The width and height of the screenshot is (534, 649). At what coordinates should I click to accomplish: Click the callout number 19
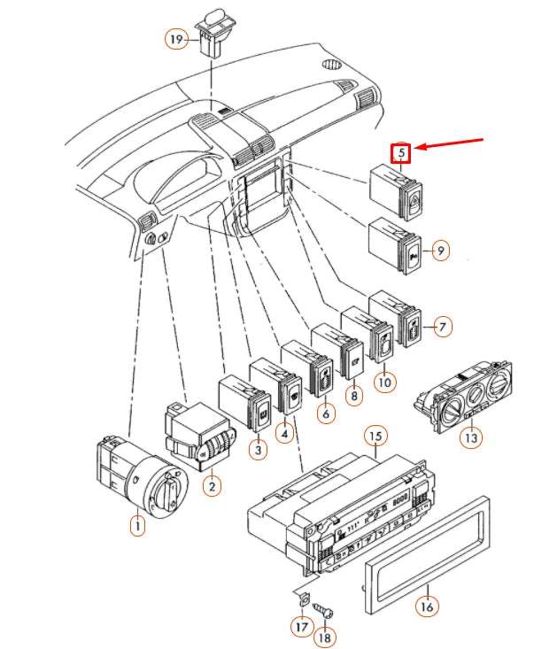pos(177,39)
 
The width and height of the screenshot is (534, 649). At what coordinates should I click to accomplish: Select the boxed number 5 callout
pos(401,152)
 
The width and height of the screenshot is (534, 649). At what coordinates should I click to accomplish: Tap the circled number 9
pos(441,251)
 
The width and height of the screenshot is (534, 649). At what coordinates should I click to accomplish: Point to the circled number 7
pos(443,327)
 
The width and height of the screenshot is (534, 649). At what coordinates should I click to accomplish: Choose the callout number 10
pos(384,382)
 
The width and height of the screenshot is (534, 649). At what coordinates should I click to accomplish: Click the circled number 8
pos(354,396)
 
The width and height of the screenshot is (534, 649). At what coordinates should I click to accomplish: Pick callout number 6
pos(326,413)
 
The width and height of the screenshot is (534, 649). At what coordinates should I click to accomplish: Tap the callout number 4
pos(285,433)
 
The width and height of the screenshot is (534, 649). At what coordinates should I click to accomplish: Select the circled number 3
pos(259,449)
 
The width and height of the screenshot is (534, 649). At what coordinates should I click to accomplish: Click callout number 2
pos(212,486)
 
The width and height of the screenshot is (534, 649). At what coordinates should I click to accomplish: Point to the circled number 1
pos(137,526)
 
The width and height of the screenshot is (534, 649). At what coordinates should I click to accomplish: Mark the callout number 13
pos(471,437)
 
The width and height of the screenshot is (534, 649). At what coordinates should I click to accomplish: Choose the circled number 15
pos(375,437)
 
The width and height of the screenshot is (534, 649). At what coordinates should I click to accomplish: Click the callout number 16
pos(427,607)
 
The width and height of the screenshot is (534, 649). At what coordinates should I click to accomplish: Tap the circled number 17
pos(302,627)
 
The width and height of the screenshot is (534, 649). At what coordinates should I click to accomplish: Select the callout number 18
pos(325,637)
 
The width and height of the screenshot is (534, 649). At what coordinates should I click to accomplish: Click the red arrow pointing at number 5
pos(449,143)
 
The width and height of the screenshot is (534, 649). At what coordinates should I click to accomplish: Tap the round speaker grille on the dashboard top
pos(331,64)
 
